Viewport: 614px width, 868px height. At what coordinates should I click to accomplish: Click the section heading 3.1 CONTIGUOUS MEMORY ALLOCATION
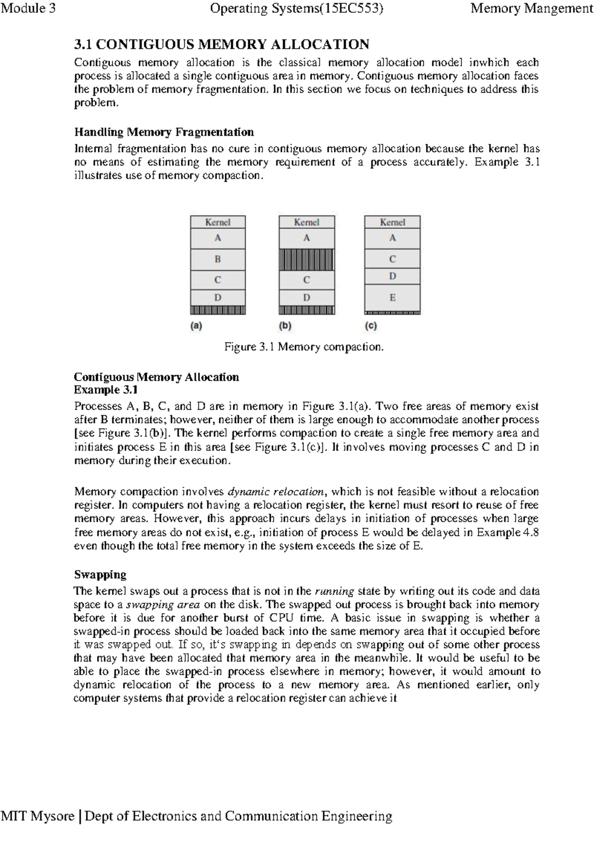pyautogui.click(x=222, y=45)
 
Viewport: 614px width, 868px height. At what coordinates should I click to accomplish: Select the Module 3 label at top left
pyautogui.click(x=28, y=9)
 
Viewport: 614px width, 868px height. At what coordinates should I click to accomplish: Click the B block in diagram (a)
pyautogui.click(x=218, y=259)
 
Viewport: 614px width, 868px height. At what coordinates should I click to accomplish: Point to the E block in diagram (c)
pyautogui.click(x=392, y=297)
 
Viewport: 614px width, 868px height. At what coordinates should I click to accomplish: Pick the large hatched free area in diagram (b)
pyautogui.click(x=306, y=259)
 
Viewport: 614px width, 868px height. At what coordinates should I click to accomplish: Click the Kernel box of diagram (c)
pyautogui.click(x=392, y=222)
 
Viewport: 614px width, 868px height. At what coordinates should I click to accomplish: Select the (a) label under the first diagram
pyautogui.click(x=196, y=326)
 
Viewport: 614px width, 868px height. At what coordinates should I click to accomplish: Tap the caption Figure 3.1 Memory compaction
pyautogui.click(x=304, y=347)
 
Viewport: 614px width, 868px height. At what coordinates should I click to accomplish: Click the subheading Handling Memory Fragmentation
pyautogui.click(x=164, y=132)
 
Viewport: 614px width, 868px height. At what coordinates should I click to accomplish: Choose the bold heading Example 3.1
pyautogui.click(x=106, y=390)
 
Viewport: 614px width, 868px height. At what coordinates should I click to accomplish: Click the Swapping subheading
pyautogui.click(x=100, y=574)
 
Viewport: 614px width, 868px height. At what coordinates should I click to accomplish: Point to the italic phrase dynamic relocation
pyautogui.click(x=276, y=492)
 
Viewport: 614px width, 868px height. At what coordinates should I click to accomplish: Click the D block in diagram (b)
pyautogui.click(x=306, y=297)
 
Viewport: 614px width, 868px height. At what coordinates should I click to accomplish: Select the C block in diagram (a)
pyautogui.click(x=218, y=280)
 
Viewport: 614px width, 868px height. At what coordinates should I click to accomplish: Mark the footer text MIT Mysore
pyautogui.click(x=37, y=816)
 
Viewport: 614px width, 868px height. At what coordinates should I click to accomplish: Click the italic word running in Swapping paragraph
pyautogui.click(x=334, y=591)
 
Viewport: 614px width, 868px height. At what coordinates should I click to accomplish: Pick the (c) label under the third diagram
pyautogui.click(x=371, y=326)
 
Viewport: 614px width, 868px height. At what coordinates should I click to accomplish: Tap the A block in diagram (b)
pyautogui.click(x=306, y=238)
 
